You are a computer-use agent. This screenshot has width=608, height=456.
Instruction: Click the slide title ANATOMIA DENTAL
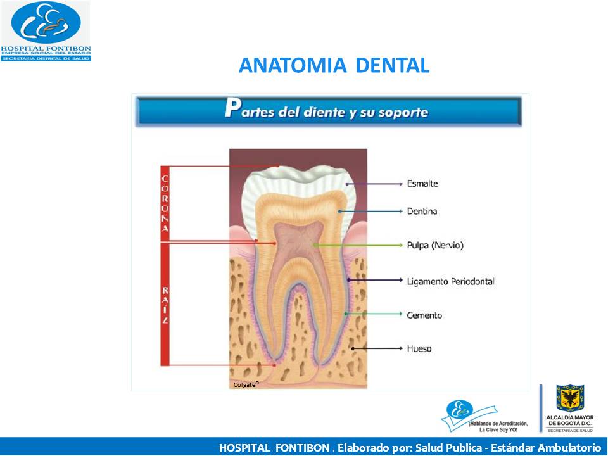[x=334, y=65]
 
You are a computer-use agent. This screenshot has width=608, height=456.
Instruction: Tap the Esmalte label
[x=422, y=184]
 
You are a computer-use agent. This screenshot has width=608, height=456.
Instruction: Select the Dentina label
[x=422, y=212]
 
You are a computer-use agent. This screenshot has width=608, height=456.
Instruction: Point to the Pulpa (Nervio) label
[x=435, y=245]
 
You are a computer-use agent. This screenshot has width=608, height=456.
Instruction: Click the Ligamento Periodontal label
[x=450, y=281]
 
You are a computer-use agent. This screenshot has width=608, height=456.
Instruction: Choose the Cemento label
[x=424, y=315]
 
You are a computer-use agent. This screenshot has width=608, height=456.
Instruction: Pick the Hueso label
[x=419, y=348]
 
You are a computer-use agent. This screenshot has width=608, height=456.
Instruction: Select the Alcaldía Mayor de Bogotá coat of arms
[x=570, y=398]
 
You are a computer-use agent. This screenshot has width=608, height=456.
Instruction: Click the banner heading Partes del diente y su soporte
[x=327, y=111]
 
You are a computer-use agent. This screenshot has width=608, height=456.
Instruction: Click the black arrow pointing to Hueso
[x=377, y=348]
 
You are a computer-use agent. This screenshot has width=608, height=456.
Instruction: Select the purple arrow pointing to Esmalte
[x=374, y=184]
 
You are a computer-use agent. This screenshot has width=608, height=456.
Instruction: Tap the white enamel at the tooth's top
[x=298, y=177]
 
